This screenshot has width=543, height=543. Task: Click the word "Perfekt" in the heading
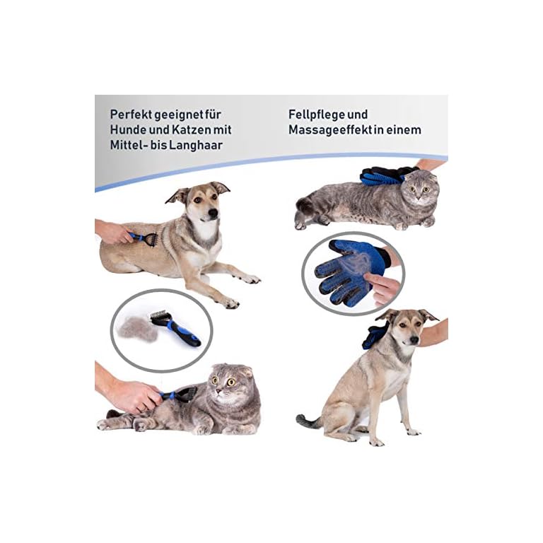coord(131,113)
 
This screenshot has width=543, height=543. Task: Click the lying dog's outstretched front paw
coord(247,279)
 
